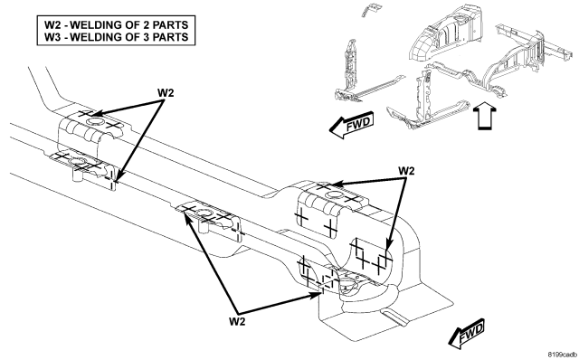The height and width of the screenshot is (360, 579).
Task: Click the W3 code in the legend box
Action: click(53, 37)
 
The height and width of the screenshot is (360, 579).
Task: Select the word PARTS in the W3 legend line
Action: click(171, 37)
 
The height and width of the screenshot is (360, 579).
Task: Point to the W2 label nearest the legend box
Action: click(165, 92)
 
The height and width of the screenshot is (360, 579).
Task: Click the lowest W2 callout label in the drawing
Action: click(237, 321)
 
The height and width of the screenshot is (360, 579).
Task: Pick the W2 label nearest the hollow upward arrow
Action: click(406, 171)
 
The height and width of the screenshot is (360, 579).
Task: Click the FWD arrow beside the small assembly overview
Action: click(351, 124)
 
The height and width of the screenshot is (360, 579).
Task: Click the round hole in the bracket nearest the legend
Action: click(94, 122)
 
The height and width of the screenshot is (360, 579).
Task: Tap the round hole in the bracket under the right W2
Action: click(334, 195)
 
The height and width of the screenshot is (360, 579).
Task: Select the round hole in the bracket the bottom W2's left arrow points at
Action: click(204, 213)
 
